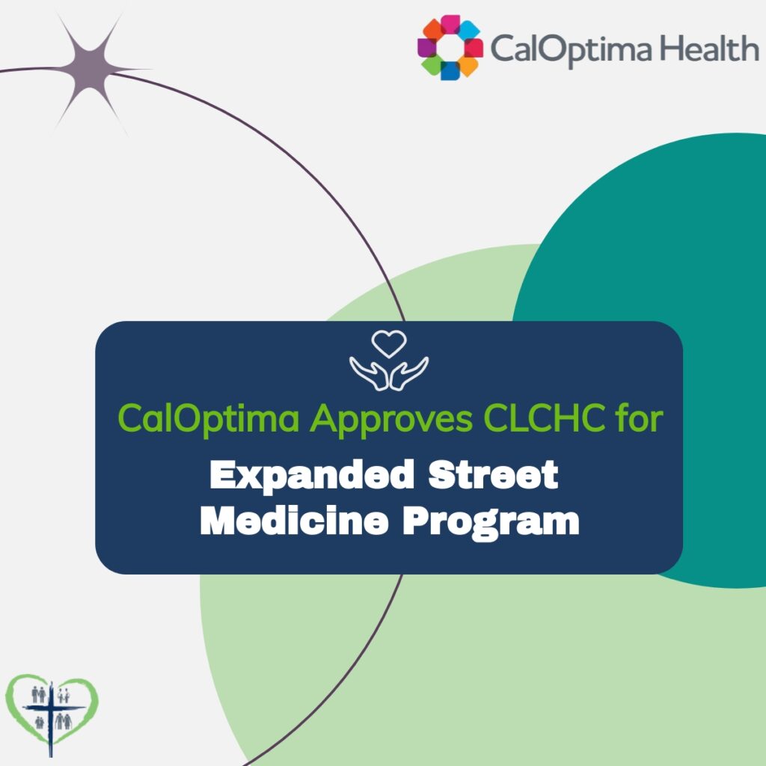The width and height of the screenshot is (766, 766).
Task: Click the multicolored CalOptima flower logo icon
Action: pyautogui.click(x=450, y=48)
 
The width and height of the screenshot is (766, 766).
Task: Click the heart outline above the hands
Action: pyautogui.click(x=389, y=344)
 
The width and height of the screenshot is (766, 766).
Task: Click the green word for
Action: pyautogui.click(x=643, y=418)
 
